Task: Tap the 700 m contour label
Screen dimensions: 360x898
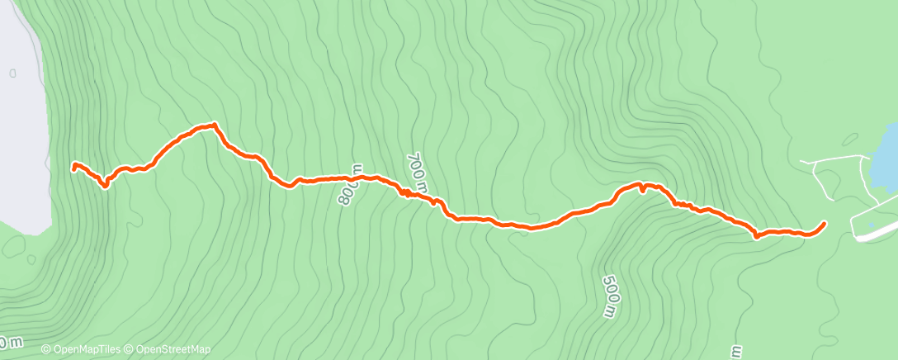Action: [x=418, y=173]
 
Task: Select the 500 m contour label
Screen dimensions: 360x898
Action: [x=608, y=295]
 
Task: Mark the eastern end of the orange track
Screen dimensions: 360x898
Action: [x=825, y=223]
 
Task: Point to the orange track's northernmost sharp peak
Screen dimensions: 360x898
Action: [x=215, y=125]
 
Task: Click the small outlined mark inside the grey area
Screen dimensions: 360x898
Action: [x=12, y=73]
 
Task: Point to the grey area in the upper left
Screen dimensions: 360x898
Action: [x=21, y=124]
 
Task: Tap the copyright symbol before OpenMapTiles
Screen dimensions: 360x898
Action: [x=46, y=349]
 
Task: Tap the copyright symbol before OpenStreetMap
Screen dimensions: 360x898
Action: [x=130, y=349]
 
